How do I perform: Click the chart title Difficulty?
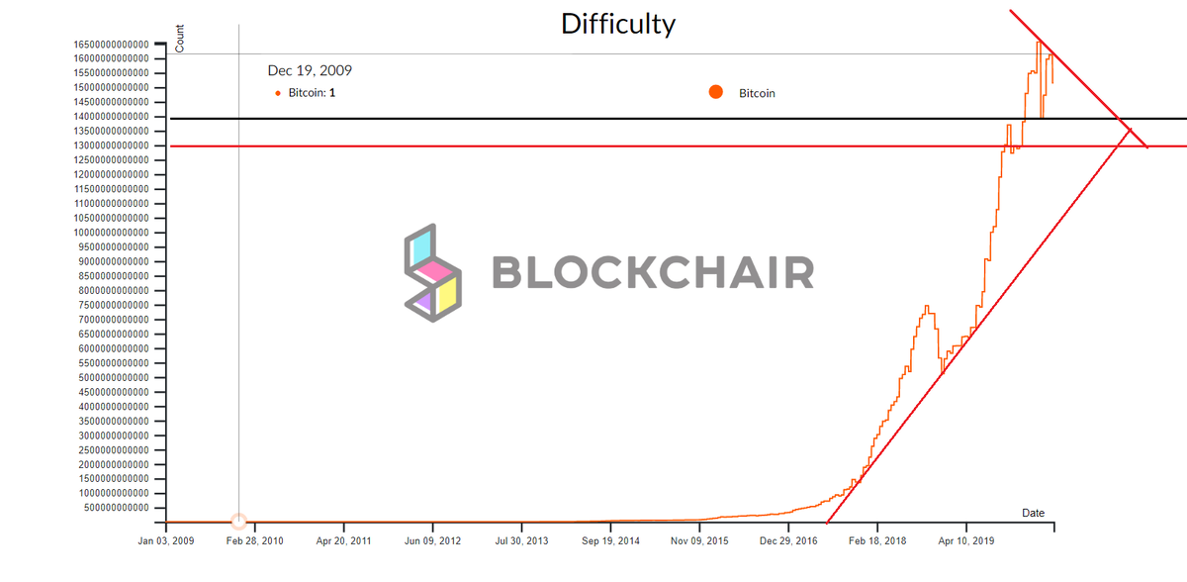(617, 23)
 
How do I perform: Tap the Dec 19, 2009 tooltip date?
(310, 71)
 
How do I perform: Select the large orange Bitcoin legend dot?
(716, 93)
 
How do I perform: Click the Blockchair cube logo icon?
(432, 271)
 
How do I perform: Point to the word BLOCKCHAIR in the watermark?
(653, 272)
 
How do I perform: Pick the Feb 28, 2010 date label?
(255, 541)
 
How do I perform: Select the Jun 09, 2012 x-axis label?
(432, 541)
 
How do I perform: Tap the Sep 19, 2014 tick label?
(610, 541)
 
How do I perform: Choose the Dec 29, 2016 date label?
(788, 541)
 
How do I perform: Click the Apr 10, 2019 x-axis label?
(965, 541)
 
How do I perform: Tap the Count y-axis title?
(180, 38)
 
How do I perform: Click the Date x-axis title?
(1033, 513)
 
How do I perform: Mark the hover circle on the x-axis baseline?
(238, 521)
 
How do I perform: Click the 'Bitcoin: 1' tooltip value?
(312, 93)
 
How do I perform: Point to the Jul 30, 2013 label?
(521, 541)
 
